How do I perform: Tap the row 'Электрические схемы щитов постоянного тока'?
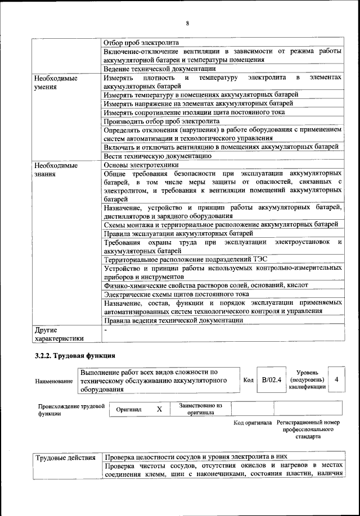point(177,294)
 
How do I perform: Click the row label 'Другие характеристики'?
point(59,334)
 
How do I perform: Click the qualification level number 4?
point(336,380)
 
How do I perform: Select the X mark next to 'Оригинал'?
point(159,410)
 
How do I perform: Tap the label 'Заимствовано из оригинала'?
point(200,409)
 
